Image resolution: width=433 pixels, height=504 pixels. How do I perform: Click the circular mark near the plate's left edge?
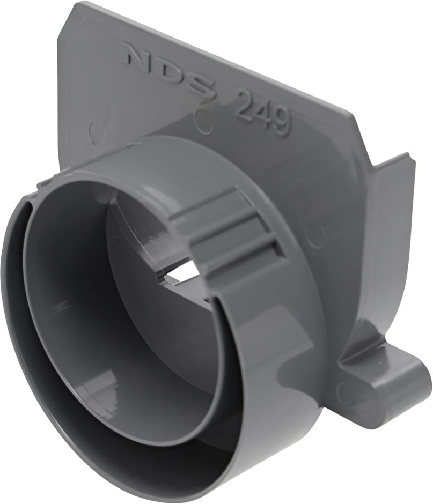97,133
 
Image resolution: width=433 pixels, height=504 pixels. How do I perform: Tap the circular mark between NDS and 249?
203,123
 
